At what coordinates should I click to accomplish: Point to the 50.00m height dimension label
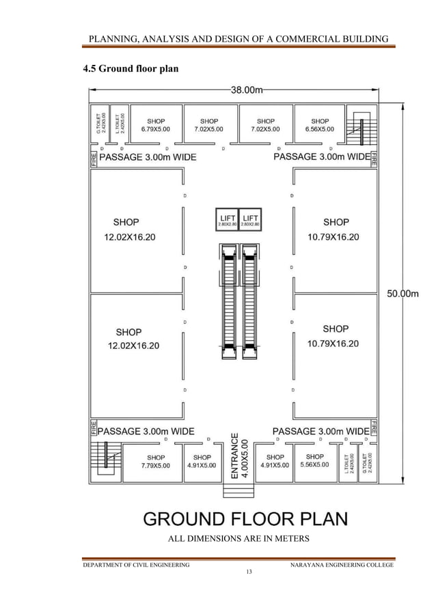(403, 294)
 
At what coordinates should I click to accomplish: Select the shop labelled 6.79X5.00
(156, 125)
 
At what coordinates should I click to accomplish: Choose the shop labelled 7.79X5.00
(156, 462)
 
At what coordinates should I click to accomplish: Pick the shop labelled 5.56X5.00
(314, 461)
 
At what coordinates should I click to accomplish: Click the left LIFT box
(227, 221)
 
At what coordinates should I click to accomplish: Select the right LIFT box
(251, 221)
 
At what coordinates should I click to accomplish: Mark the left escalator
(230, 300)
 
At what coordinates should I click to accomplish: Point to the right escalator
(250, 300)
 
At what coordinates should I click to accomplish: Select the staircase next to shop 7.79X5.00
(109, 460)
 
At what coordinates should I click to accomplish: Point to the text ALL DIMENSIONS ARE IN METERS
(239, 539)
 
